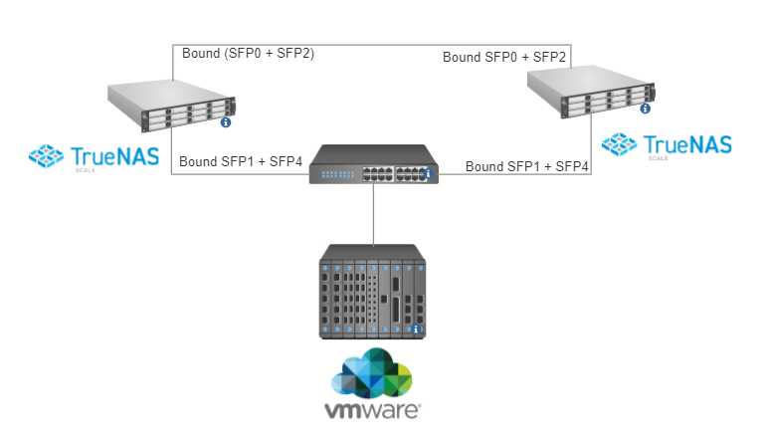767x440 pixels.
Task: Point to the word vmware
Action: tap(373, 409)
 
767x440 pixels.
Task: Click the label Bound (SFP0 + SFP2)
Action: tap(248, 54)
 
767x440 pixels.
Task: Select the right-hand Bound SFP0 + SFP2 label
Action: tap(504, 58)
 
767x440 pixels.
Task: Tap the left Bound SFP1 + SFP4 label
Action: tap(240, 161)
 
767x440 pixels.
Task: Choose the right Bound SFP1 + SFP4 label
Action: tap(527, 165)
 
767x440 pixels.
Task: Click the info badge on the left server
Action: tap(226, 122)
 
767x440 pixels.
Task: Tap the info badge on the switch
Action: tap(429, 175)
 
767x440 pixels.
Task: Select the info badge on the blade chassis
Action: tap(417, 330)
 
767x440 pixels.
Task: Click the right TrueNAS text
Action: tap(687, 144)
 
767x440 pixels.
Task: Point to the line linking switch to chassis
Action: tap(373, 214)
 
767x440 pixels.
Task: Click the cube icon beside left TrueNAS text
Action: tap(47, 155)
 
